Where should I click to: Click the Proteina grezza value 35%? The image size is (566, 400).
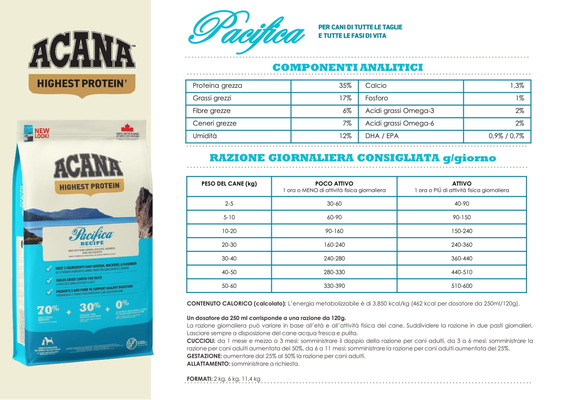pyautogui.click(x=345, y=86)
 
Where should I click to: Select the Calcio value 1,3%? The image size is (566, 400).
pyautogui.click(x=517, y=86)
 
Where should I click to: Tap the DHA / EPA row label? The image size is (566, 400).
pyautogui.click(x=382, y=136)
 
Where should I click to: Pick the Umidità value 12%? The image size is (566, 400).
pyautogui.click(x=345, y=136)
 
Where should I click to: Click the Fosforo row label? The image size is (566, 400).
pyautogui.click(x=376, y=98)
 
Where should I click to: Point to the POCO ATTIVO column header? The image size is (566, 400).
pyautogui.click(x=334, y=184)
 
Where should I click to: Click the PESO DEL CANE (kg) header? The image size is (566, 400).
pyautogui.click(x=229, y=184)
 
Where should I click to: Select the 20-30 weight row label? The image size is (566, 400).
pyautogui.click(x=229, y=245)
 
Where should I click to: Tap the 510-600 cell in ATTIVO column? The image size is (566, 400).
pyautogui.click(x=462, y=286)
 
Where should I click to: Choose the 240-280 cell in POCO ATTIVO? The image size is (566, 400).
pyautogui.click(x=334, y=258)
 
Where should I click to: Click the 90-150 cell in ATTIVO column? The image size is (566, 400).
pyautogui.click(x=462, y=217)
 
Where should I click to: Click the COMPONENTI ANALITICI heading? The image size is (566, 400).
pyautogui.click(x=348, y=68)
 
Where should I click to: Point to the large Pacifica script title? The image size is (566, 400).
pyautogui.click(x=247, y=32)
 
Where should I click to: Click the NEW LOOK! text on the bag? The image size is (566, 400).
pyautogui.click(x=42, y=133)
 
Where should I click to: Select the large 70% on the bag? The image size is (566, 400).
pyautogui.click(x=48, y=310)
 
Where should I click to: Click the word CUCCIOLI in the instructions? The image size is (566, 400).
pyautogui.click(x=201, y=341)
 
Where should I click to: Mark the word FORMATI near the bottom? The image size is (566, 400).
pyautogui.click(x=200, y=379)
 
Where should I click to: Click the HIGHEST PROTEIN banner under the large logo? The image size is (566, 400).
pyautogui.click(x=82, y=84)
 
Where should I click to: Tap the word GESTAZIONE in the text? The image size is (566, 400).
pyautogui.click(x=204, y=356)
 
